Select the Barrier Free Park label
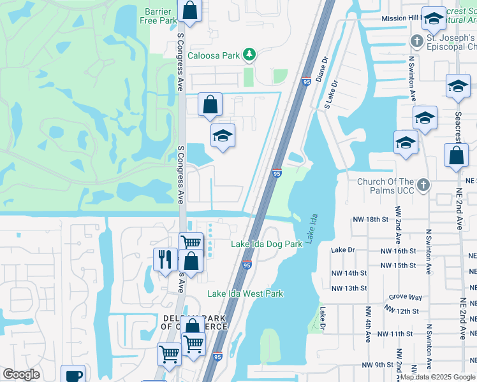(x=158, y=16)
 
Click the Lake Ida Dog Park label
(x=266, y=244)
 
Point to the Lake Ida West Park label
(x=245, y=294)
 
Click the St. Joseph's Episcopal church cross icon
(x=416, y=41)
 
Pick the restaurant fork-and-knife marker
(x=165, y=258)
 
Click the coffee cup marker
(x=73, y=375)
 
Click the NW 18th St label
(x=371, y=220)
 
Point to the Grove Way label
(x=406, y=297)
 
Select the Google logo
(x=21, y=374)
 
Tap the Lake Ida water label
(x=312, y=230)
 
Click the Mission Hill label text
(x=402, y=18)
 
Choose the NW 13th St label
(x=349, y=288)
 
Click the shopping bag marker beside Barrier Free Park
(x=189, y=10)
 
